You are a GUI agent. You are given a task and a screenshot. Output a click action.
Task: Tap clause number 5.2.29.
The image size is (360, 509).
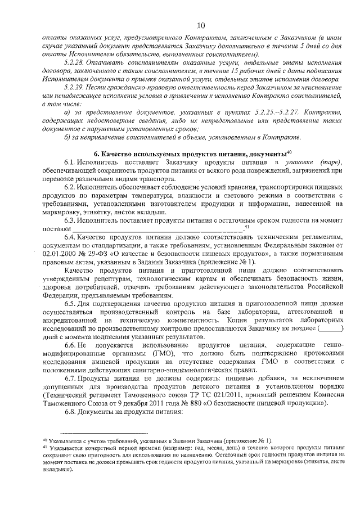74,89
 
